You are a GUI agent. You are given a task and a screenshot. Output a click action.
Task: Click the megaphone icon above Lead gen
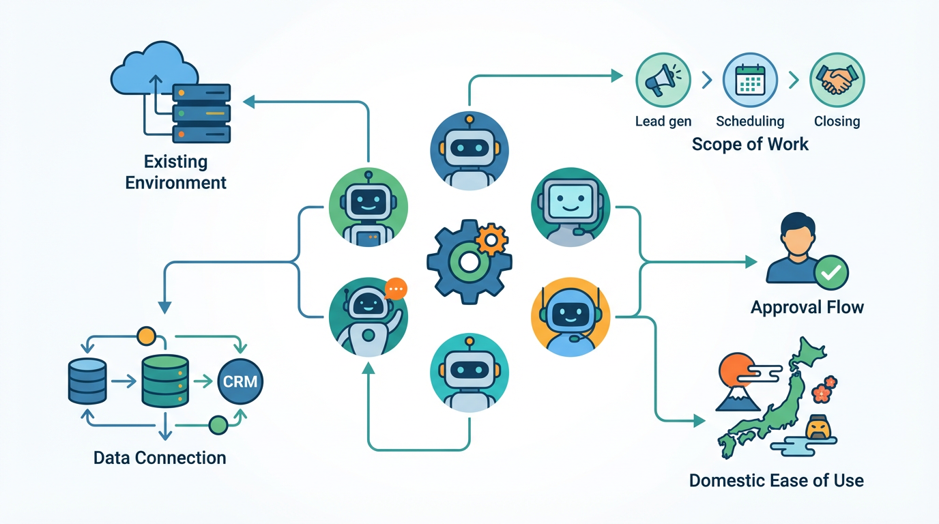click(662, 81)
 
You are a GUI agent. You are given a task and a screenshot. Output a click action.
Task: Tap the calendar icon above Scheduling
click(750, 81)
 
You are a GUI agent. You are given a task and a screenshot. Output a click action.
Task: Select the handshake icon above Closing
click(837, 81)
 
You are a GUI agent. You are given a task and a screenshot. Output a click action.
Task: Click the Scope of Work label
click(750, 144)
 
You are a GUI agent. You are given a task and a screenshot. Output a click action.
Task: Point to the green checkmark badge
click(831, 273)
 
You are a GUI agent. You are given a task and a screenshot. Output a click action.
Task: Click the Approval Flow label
click(807, 307)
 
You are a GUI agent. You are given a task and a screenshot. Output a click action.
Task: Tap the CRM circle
click(240, 381)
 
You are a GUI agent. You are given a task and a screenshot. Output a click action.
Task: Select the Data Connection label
click(160, 457)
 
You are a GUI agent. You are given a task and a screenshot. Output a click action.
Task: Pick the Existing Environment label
click(176, 173)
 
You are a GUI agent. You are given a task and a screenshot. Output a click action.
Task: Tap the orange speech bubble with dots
click(395, 289)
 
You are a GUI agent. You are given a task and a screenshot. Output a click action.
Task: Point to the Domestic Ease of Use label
click(776, 480)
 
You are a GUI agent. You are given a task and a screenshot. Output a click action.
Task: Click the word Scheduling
click(750, 121)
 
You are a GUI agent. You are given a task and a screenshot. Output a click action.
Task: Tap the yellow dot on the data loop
click(146, 336)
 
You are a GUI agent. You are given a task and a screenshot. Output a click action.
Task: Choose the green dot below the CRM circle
click(218, 425)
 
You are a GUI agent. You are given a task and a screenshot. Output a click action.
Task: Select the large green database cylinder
click(164, 381)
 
